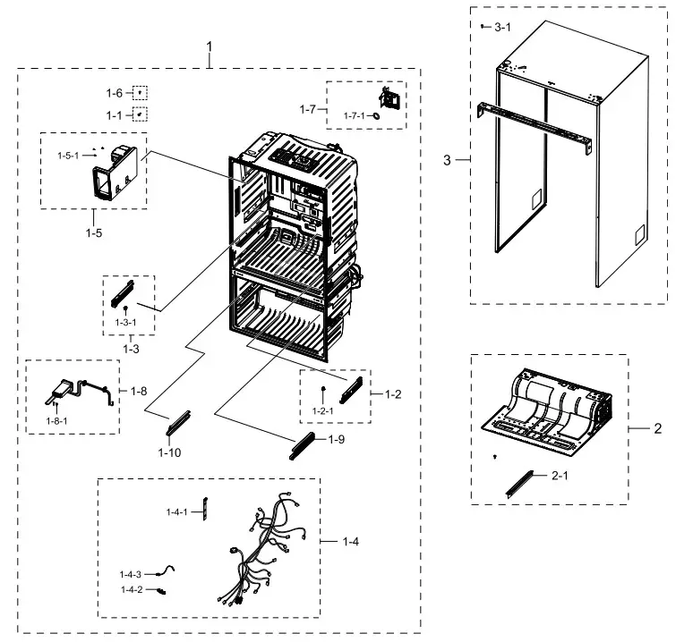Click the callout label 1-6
[x=114, y=93]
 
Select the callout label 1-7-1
[x=355, y=115]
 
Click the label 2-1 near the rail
[x=560, y=477]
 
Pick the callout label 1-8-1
[x=57, y=419]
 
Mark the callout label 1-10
[x=169, y=452]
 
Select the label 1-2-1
[x=323, y=410]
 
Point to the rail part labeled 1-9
[x=304, y=443]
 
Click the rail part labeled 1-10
[x=179, y=421]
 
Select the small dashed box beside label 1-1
[x=140, y=114]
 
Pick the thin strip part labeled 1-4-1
[x=203, y=511]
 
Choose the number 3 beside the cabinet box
[x=448, y=160]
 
